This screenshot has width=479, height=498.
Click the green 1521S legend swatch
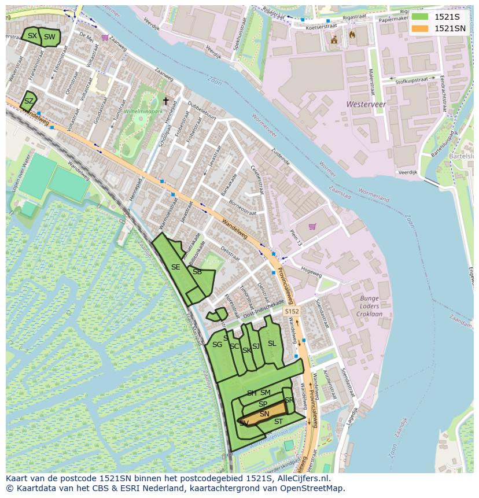(420, 17)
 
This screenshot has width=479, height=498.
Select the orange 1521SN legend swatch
(420, 28)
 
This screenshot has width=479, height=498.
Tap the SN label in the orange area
(264, 414)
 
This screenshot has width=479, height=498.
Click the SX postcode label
(32, 36)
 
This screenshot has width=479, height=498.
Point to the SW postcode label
(50, 37)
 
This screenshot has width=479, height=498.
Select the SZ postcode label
(28, 101)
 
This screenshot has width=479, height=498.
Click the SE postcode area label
(175, 267)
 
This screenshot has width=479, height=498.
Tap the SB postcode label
(197, 272)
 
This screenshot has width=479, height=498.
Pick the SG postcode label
(217, 345)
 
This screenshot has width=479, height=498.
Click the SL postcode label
(272, 344)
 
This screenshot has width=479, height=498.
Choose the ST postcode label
(278, 422)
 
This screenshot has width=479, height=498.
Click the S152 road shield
(292, 312)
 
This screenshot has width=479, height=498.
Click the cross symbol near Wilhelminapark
(165, 101)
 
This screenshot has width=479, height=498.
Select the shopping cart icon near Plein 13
(313, 227)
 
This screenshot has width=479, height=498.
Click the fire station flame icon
(352, 35)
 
